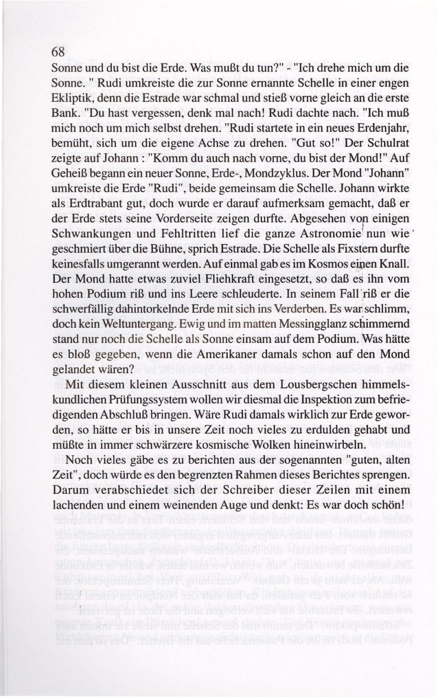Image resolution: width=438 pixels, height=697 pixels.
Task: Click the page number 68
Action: pyautogui.click(x=58, y=53)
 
